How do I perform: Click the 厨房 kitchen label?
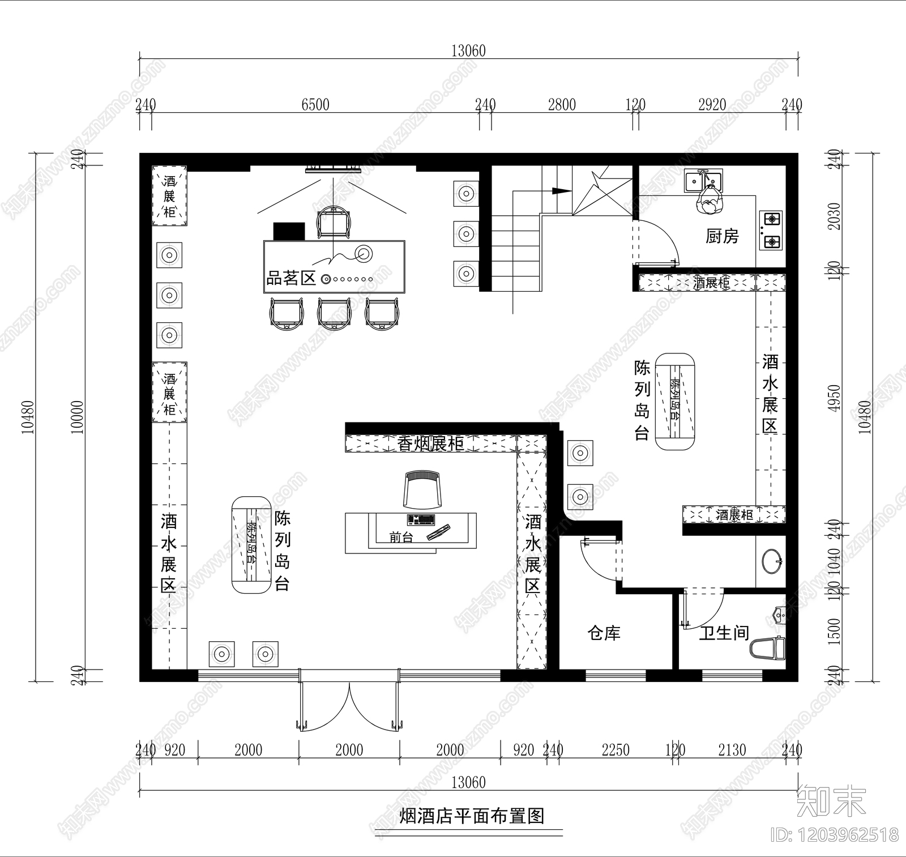tap(722, 236)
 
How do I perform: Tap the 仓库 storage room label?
tap(604, 633)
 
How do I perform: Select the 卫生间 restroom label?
tap(724, 633)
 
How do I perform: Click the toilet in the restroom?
tap(768, 648)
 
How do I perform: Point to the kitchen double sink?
tap(704, 180)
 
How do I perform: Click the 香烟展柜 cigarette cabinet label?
tap(430, 444)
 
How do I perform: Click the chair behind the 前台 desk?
tap(421, 489)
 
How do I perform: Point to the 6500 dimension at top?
tap(315, 104)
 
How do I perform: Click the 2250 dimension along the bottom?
tap(616, 750)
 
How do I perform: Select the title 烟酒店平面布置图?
tap(472, 816)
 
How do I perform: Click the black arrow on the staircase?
tap(561, 191)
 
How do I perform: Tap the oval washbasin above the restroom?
tap(771, 561)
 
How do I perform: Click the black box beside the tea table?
tap(289, 231)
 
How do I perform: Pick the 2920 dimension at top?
tap(712, 104)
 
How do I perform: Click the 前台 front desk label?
tap(401, 537)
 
